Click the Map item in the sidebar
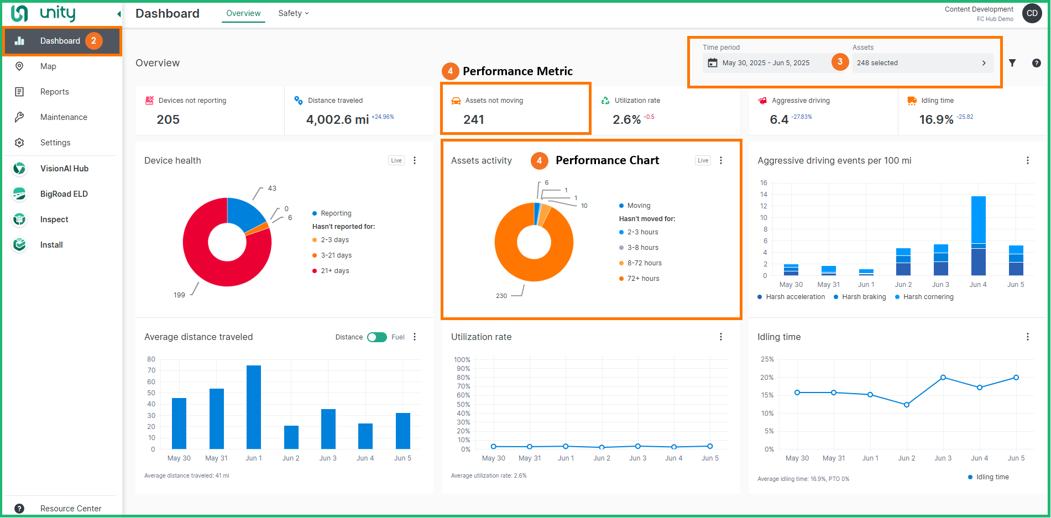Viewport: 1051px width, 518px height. [48, 66]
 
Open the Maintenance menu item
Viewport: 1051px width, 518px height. [64, 117]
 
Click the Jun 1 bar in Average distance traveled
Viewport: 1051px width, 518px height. [254, 407]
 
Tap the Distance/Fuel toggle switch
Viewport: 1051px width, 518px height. [377, 337]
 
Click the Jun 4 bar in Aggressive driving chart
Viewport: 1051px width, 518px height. [978, 236]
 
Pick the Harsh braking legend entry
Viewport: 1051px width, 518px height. [864, 297]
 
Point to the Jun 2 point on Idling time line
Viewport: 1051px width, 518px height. [907, 405]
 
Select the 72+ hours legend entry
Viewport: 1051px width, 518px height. [643, 279]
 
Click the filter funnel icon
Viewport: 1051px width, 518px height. [1012, 63]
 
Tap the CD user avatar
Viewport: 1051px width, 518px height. [1032, 13]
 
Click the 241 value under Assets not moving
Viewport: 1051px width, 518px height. [474, 119]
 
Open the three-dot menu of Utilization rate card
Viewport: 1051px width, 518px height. [721, 337]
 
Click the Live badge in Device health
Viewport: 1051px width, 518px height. [396, 160]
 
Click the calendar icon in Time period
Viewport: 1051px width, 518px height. [713, 63]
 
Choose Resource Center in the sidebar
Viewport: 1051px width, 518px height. [71, 509]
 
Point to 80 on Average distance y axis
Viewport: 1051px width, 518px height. [151, 359]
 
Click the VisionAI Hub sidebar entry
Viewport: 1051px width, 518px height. [64, 169]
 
